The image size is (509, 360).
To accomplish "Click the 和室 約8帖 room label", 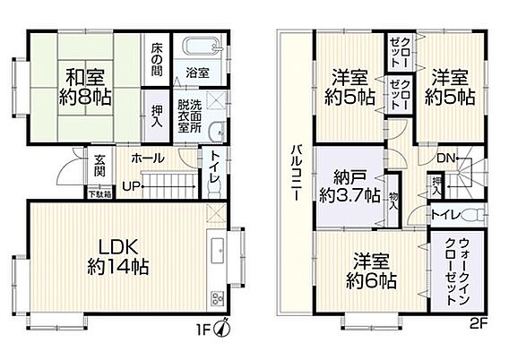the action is (x=85, y=87).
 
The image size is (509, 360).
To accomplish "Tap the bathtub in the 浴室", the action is (x=202, y=47).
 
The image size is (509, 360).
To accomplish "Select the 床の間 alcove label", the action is (x=157, y=60).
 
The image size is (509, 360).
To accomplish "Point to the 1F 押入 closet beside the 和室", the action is (x=157, y=116).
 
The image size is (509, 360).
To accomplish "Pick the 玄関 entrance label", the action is (x=99, y=166).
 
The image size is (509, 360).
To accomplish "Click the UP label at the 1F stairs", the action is (x=131, y=186).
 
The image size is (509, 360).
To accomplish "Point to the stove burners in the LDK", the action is (x=217, y=299).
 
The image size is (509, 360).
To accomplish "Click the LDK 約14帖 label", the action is (x=118, y=257).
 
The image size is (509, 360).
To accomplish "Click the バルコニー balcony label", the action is (x=295, y=173).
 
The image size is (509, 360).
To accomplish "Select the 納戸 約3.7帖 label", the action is (x=349, y=186).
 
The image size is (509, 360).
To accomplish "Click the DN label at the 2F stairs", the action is (x=445, y=159).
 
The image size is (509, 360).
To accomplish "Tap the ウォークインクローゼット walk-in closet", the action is (x=457, y=271).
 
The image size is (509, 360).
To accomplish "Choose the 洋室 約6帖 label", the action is (x=371, y=270).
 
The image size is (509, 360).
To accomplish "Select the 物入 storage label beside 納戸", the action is (x=393, y=201).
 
